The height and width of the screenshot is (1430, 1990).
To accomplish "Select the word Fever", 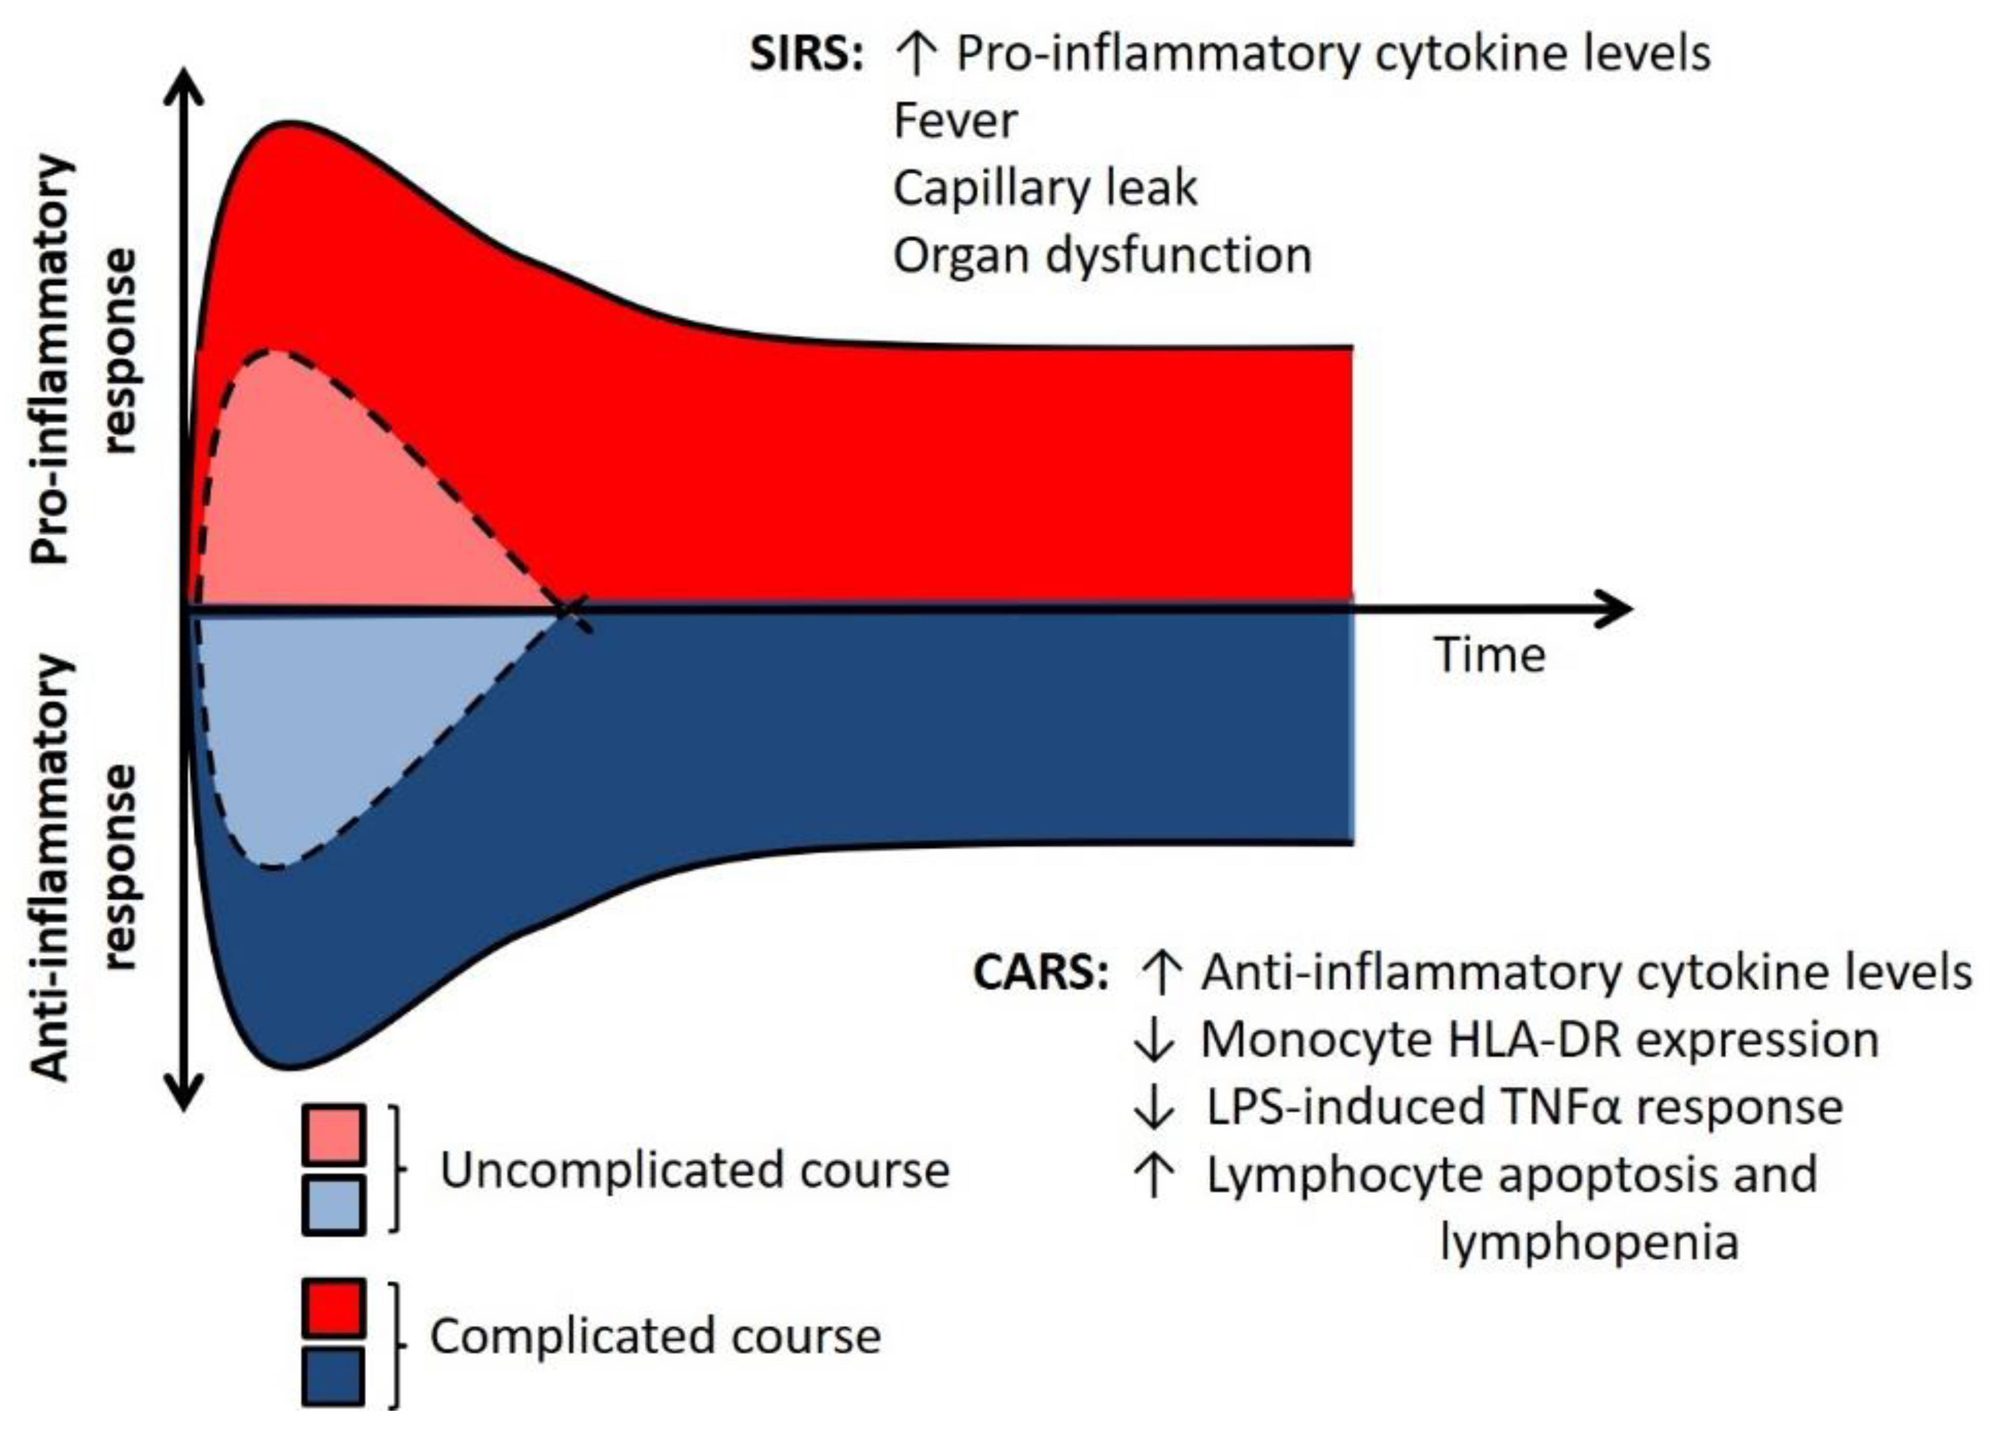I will tap(955, 121).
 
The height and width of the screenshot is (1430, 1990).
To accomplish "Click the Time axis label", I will tap(1489, 656).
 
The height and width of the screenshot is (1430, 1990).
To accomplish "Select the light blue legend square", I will tap(333, 1204).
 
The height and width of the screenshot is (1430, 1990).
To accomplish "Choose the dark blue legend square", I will tap(333, 1376).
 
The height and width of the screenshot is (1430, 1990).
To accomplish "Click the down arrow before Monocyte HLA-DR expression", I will tap(1153, 1041).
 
